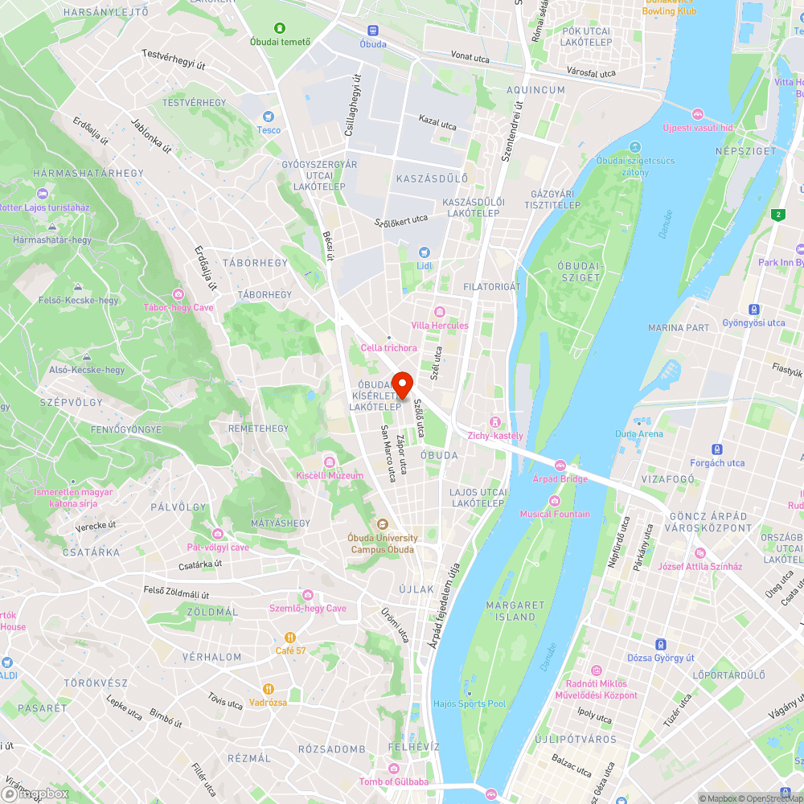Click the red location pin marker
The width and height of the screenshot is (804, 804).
[x=402, y=384]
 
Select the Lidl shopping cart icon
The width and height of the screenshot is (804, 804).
[x=425, y=252]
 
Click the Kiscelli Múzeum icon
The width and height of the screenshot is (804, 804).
[x=329, y=461]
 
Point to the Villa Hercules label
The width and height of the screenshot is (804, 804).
[x=439, y=325]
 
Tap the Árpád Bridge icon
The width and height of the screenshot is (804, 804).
[x=560, y=466]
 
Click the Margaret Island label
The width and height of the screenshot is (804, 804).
[x=515, y=611]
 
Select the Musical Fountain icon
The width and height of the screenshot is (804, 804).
[x=554, y=501]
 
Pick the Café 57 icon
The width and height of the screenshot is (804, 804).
[x=291, y=638]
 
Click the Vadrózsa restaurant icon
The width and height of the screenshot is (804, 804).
[x=269, y=689]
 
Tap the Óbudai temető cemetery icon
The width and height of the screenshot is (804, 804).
[x=280, y=28]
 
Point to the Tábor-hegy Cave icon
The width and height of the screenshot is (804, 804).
[x=178, y=294]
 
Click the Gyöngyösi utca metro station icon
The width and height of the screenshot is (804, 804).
[x=753, y=310]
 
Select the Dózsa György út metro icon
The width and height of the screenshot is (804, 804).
[x=660, y=644]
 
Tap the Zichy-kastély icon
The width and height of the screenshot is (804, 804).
[x=496, y=422]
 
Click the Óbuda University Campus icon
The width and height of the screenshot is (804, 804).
[x=383, y=524]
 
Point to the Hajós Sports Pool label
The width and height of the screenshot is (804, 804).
[x=470, y=703]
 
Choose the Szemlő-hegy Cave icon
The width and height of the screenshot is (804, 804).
[x=308, y=595]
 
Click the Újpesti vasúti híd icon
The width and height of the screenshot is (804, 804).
[x=698, y=114]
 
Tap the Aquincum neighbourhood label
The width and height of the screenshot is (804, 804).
[x=535, y=90]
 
